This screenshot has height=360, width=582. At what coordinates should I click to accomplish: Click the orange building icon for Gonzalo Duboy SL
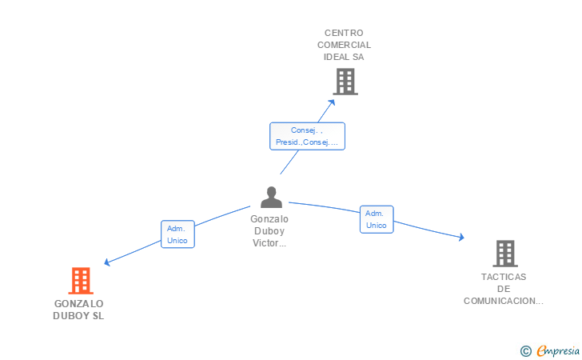[81, 281]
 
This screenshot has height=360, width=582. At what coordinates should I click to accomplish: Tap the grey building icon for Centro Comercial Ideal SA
[345, 82]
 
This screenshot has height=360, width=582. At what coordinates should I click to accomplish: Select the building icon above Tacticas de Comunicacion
[505, 254]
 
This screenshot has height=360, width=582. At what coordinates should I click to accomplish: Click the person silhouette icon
[271, 197]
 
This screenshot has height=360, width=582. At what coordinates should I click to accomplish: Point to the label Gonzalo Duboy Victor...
[269, 230]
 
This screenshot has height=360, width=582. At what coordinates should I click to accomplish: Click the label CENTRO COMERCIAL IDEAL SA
[344, 45]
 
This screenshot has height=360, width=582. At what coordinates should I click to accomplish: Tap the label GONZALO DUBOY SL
[78, 310]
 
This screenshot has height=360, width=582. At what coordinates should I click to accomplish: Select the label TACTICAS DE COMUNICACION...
[504, 289]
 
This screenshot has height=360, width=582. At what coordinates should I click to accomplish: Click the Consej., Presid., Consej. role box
[307, 136]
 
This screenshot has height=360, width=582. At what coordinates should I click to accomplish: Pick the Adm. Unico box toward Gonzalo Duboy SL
[177, 234]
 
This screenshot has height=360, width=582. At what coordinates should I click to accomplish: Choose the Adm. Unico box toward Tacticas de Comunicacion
[377, 219]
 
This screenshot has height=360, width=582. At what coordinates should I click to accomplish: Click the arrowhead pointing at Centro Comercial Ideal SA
[332, 102]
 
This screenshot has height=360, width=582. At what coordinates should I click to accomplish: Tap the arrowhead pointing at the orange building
[107, 262]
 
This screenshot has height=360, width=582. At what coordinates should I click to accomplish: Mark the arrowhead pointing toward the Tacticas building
[461, 237]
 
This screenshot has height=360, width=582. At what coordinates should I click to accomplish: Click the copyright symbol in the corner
[525, 350]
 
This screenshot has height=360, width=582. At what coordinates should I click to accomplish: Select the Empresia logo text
[558, 350]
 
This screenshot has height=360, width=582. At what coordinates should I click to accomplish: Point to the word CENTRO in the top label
[344, 33]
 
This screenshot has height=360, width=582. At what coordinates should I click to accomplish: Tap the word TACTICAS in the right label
[504, 277]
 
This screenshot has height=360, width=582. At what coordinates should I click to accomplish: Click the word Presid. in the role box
[289, 142]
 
